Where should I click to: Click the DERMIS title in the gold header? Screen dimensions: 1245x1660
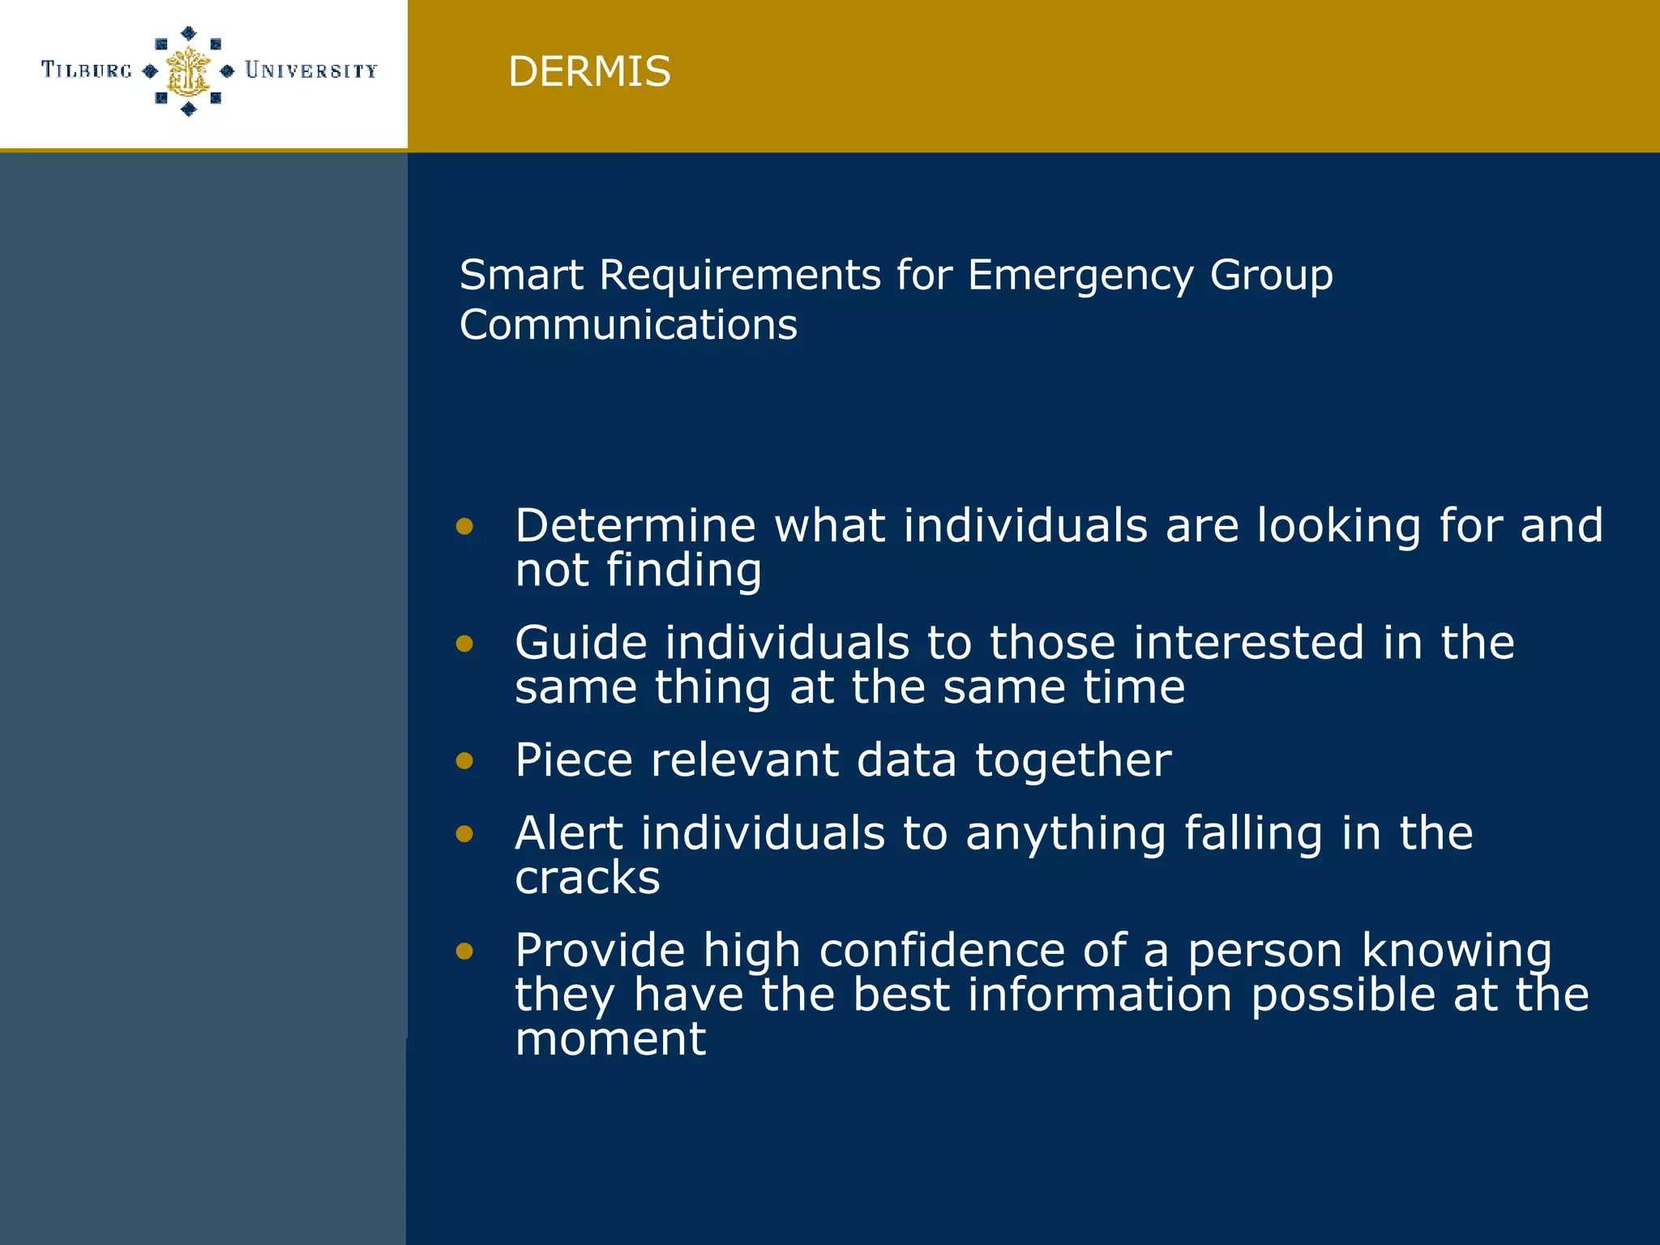click(589, 71)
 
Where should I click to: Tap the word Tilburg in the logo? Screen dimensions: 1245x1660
click(87, 71)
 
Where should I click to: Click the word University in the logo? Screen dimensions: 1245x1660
click(311, 71)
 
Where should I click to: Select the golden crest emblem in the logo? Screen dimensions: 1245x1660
click(188, 71)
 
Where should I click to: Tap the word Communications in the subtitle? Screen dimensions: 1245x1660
click(628, 325)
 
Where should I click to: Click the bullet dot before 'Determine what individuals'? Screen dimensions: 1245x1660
click(464, 527)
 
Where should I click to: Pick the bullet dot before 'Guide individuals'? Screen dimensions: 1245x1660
click(464, 644)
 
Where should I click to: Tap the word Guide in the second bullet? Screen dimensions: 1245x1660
click(581, 643)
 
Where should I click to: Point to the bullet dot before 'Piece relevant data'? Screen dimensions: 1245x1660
click(464, 760)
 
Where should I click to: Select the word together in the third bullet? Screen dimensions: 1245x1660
click(1073, 761)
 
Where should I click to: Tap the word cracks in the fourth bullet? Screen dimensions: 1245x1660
click(588, 879)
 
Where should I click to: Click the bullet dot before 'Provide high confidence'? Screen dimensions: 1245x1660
click(464, 951)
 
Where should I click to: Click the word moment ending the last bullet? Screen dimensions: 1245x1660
click(610, 1039)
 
